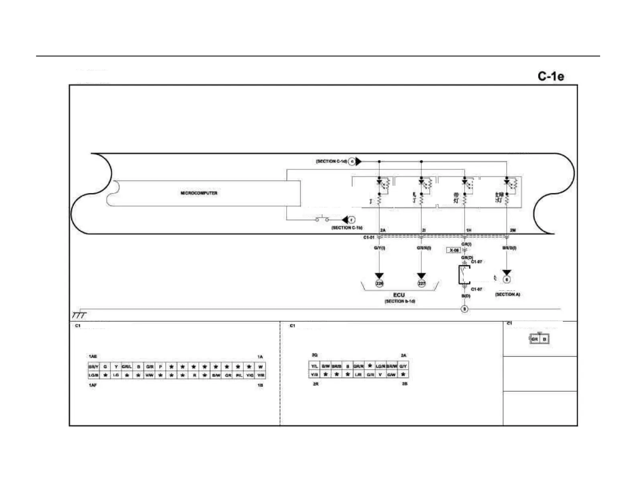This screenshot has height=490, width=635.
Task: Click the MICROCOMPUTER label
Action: tap(199, 193)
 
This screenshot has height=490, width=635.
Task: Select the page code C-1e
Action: tap(551, 76)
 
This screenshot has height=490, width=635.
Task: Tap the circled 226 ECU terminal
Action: tap(379, 283)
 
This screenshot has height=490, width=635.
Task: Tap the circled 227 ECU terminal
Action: tap(421, 283)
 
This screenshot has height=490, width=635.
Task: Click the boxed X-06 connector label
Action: tap(453, 250)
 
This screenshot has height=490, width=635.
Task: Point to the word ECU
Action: tap(399, 295)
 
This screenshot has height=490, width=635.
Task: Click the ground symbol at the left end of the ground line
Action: tap(79, 314)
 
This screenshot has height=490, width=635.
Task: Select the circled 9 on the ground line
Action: tap(464, 309)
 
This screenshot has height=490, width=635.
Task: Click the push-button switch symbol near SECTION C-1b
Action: tap(322, 219)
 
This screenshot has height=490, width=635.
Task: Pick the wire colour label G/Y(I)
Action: tap(379, 248)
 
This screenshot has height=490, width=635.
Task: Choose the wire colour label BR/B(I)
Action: tap(509, 248)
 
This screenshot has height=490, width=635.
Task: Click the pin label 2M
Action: tap(512, 230)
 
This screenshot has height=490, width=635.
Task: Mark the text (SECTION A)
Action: tap(508, 294)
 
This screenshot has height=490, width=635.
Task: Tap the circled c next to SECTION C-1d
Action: tap(352, 161)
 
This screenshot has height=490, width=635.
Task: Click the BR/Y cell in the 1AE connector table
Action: tap(93, 367)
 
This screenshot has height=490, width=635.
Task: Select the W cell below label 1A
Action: tap(261, 367)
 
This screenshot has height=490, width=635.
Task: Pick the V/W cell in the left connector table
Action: tap(149, 375)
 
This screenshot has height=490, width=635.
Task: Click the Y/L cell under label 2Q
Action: tap(314, 366)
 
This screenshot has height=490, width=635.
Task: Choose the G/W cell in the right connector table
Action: tap(392, 375)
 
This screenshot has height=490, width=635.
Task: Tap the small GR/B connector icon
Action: tap(539, 339)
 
